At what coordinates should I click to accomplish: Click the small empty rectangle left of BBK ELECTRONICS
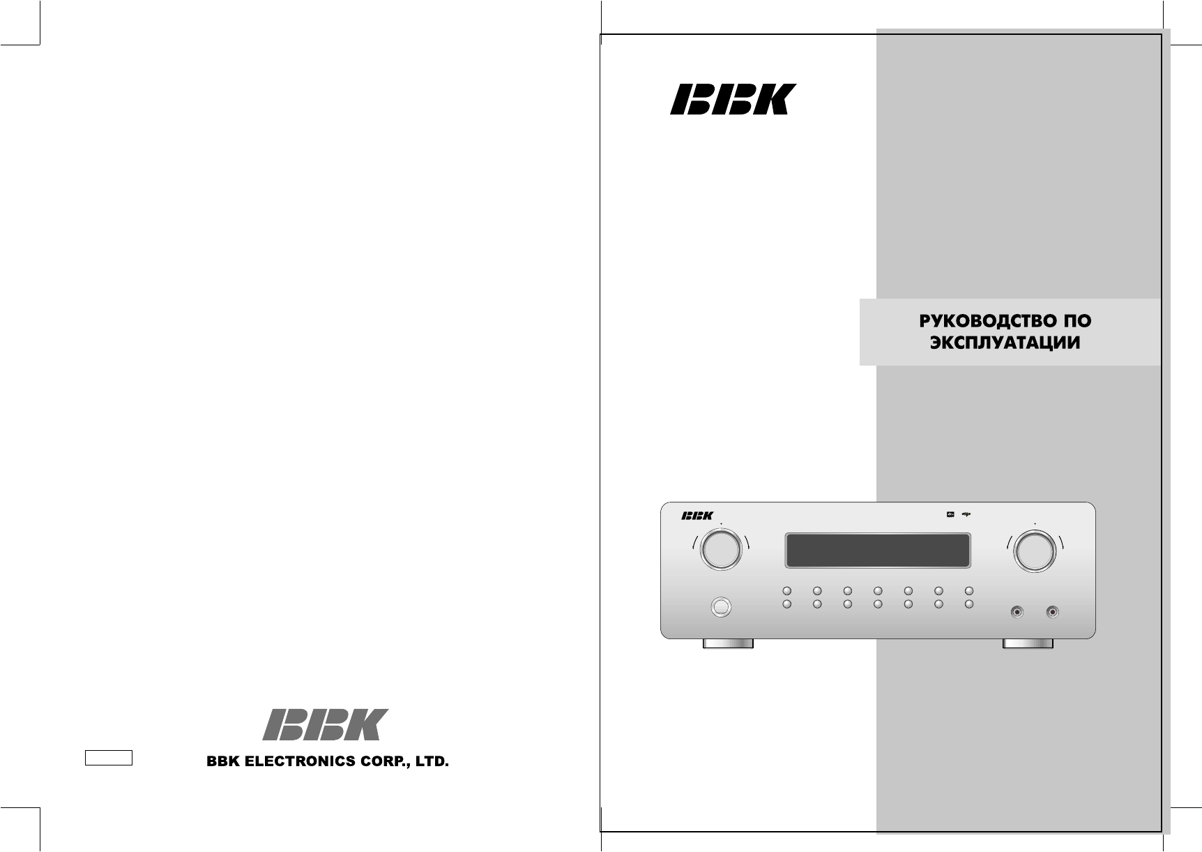(x=109, y=758)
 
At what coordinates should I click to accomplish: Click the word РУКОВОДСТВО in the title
(x=981, y=321)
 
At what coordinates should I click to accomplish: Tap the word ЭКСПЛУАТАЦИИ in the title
(x=1005, y=343)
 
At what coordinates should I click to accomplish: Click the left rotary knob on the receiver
(x=721, y=550)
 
